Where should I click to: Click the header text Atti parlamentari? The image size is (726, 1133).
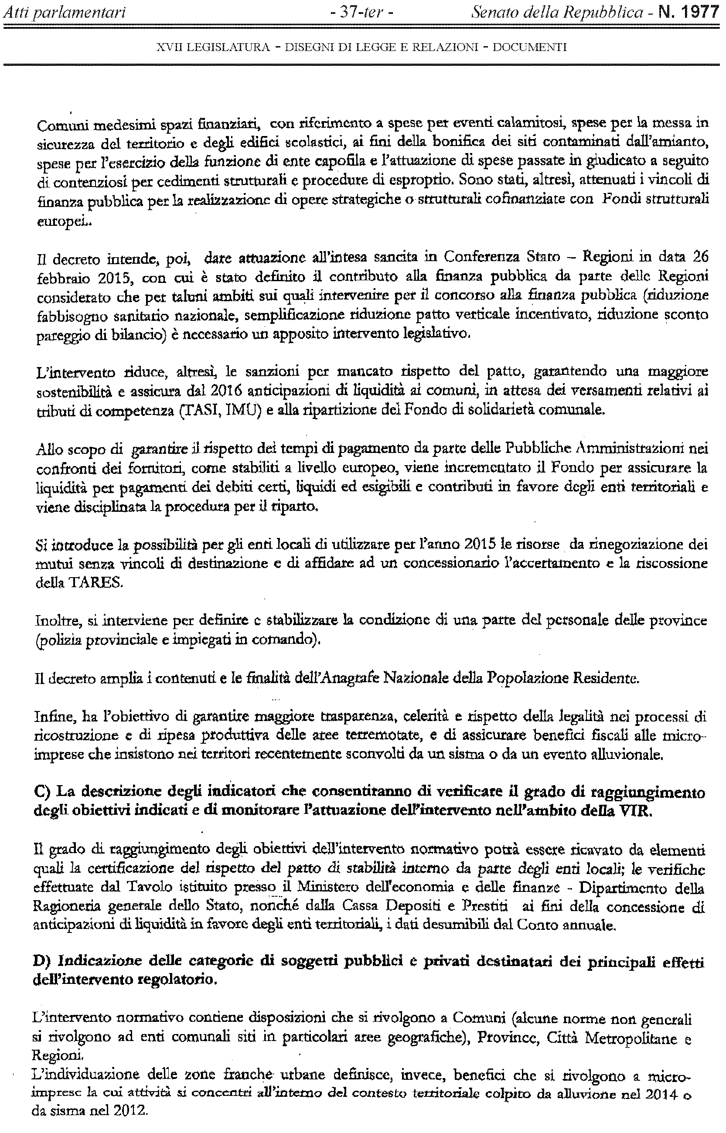(x=64, y=12)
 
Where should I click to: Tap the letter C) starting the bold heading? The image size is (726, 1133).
(x=41, y=792)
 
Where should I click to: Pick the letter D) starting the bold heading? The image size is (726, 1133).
(x=41, y=960)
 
